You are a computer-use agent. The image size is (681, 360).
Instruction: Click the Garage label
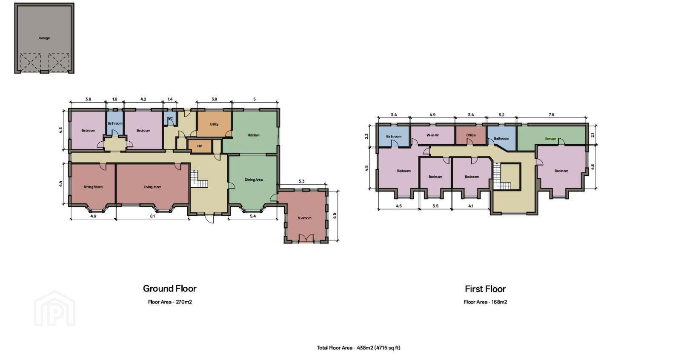[x=44, y=38]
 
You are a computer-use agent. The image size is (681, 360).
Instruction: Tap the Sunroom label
[x=304, y=218]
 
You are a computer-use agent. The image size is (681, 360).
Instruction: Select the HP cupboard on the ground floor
[x=200, y=146]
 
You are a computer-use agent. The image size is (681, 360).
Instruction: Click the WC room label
[x=170, y=118]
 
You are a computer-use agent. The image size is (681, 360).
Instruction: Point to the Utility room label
[x=214, y=124]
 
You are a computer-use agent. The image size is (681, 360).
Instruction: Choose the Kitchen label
[x=254, y=135]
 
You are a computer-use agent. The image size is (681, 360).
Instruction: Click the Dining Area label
[x=254, y=180]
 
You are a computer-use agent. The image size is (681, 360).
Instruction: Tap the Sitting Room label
[x=93, y=187]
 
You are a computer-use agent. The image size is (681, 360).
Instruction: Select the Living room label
[x=152, y=187]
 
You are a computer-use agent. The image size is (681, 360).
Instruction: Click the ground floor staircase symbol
[x=199, y=179]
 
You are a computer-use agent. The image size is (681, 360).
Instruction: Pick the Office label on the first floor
[x=471, y=135]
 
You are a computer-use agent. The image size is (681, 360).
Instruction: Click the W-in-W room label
[x=432, y=135]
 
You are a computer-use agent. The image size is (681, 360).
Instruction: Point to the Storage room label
[x=550, y=139]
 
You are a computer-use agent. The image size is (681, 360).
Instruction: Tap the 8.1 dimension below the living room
[x=152, y=216]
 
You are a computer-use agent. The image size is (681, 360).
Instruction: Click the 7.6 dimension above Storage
[x=551, y=114]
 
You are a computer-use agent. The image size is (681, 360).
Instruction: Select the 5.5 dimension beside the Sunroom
[x=335, y=216]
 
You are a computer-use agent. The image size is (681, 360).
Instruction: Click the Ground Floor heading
[x=170, y=289]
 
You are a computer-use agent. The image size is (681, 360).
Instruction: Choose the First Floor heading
[x=485, y=289]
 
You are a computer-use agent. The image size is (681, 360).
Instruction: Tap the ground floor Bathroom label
[x=115, y=123]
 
